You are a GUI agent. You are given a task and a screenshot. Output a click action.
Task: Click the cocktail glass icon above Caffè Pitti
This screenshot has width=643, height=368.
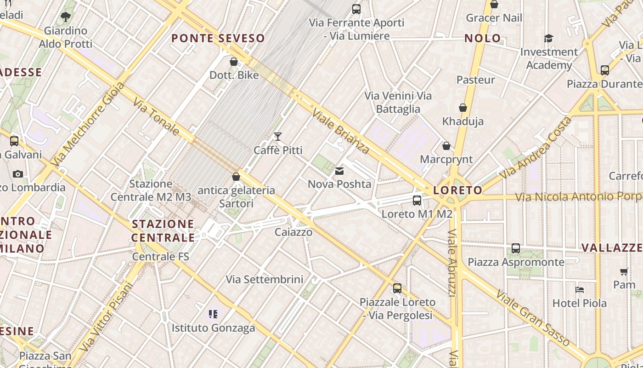[x=277, y=136]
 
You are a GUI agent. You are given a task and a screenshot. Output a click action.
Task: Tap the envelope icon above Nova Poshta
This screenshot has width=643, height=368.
[x=339, y=171]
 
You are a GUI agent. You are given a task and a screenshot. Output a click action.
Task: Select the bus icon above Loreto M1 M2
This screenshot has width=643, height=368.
[x=417, y=201]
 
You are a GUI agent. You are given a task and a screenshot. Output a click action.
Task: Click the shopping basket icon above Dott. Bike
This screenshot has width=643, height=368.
[x=234, y=62]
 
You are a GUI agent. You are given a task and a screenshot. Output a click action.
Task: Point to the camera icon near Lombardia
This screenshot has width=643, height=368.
[x=18, y=174]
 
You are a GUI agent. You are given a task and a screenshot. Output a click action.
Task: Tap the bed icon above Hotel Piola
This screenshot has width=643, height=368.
[x=580, y=290]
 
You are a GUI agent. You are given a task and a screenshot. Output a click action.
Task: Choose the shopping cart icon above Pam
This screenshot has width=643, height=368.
[x=624, y=271]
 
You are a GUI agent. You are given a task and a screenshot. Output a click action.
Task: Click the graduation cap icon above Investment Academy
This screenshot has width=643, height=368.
[x=548, y=38]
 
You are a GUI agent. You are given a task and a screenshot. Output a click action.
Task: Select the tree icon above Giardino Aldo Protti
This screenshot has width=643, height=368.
[x=66, y=17]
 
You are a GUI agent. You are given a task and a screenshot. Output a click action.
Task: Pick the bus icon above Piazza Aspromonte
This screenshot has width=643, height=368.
[x=516, y=248]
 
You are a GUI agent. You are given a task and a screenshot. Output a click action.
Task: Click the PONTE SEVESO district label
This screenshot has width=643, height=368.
[x=218, y=38]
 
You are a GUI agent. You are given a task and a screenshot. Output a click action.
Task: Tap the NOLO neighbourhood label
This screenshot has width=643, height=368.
[x=482, y=38]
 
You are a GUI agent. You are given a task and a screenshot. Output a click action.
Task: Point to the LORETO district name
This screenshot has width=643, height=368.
[x=458, y=190]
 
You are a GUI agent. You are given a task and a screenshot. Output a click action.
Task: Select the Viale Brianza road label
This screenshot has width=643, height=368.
[x=340, y=131]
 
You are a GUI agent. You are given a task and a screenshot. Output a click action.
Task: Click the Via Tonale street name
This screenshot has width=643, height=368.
[x=156, y=116]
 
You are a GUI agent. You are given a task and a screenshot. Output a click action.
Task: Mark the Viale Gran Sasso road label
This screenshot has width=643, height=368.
[x=533, y=317]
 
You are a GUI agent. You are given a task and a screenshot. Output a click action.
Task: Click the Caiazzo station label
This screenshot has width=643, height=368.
[x=293, y=232]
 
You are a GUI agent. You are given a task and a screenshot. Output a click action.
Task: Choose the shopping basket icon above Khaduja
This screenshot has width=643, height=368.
[x=463, y=108]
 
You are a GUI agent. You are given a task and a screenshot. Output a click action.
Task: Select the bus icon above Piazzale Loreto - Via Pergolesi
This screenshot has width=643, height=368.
[x=397, y=288]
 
